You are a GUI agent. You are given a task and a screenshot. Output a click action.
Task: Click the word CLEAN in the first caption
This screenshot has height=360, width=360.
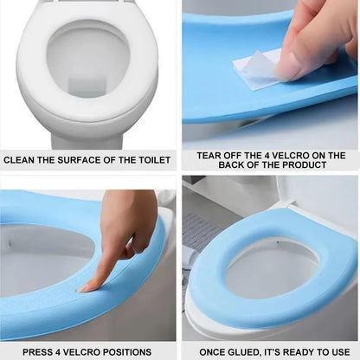click(x=19, y=159)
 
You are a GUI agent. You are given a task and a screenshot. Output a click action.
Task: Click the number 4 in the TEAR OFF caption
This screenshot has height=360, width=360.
click(x=272, y=155)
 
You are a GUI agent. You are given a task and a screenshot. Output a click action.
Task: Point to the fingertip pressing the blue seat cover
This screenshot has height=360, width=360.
click(x=84, y=286)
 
